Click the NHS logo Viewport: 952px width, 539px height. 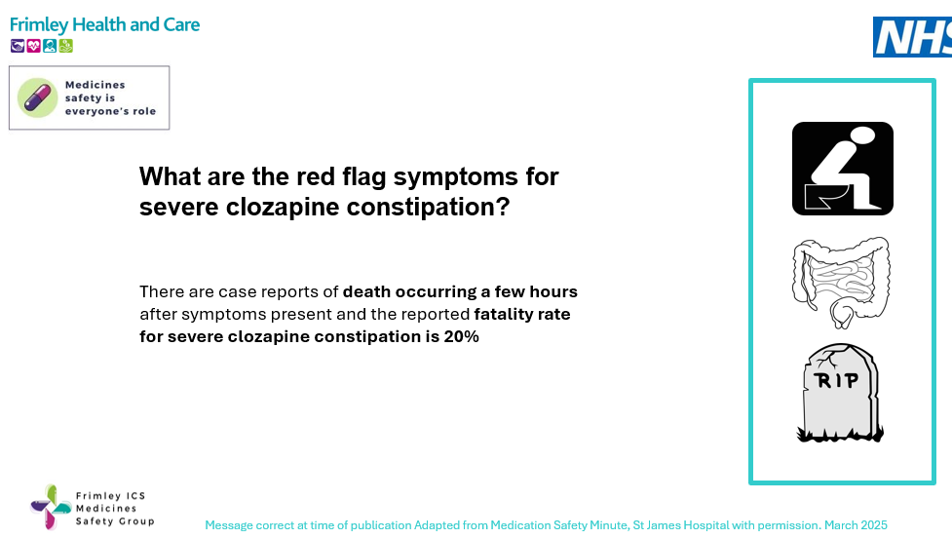coord(912,37)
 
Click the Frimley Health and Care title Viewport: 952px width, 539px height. coord(104,24)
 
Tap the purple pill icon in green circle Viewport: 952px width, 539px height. coord(38,97)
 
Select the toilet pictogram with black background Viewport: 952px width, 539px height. coord(842,169)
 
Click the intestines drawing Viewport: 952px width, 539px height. coord(841,282)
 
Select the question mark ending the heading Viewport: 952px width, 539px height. coord(503,208)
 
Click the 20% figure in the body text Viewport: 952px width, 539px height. coord(462,336)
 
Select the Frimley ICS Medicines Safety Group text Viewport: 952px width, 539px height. coord(114,509)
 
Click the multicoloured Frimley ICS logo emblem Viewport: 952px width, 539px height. coord(50,507)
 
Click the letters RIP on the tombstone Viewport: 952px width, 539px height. coord(837,379)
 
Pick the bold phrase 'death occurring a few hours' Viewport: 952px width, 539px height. coord(460,291)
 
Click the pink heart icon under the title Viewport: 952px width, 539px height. coord(34,46)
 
